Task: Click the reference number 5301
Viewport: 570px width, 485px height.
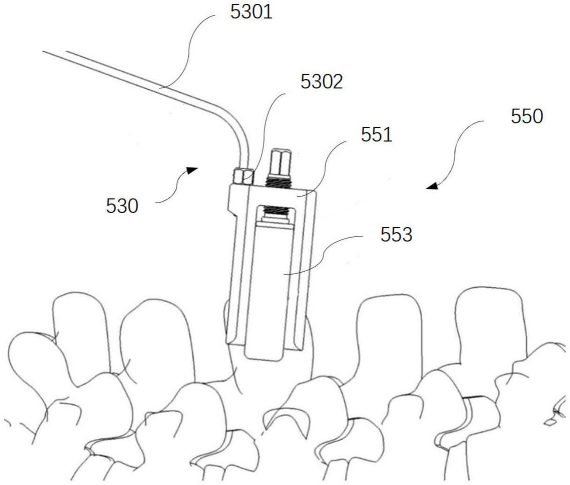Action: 251,12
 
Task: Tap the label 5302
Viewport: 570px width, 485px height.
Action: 322,82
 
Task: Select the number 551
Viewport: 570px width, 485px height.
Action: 376,135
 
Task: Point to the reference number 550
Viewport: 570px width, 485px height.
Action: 526,116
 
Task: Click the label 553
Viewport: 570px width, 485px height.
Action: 396,234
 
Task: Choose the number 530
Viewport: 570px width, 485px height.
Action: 122,206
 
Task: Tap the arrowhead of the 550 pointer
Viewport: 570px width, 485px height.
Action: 432,186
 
